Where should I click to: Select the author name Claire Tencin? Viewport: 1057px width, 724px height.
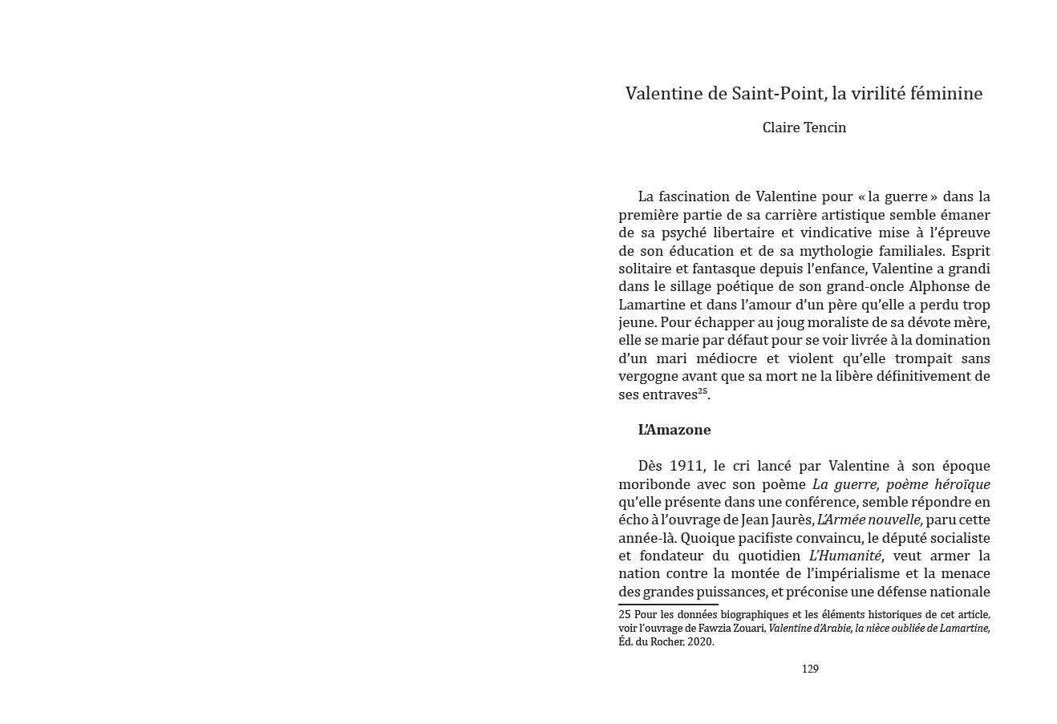pyautogui.click(x=804, y=127)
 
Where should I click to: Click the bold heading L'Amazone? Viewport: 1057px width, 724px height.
pyautogui.click(x=674, y=430)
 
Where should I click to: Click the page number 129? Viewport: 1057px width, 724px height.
pyautogui.click(x=810, y=669)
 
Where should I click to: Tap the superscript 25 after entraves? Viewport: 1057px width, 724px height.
pyautogui.click(x=703, y=391)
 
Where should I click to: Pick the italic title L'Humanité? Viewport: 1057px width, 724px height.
pyautogui.click(x=845, y=556)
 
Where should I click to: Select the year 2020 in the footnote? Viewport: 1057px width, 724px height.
pyautogui.click(x=701, y=641)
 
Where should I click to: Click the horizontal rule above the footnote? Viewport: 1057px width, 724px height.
pyautogui.click(x=668, y=605)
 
